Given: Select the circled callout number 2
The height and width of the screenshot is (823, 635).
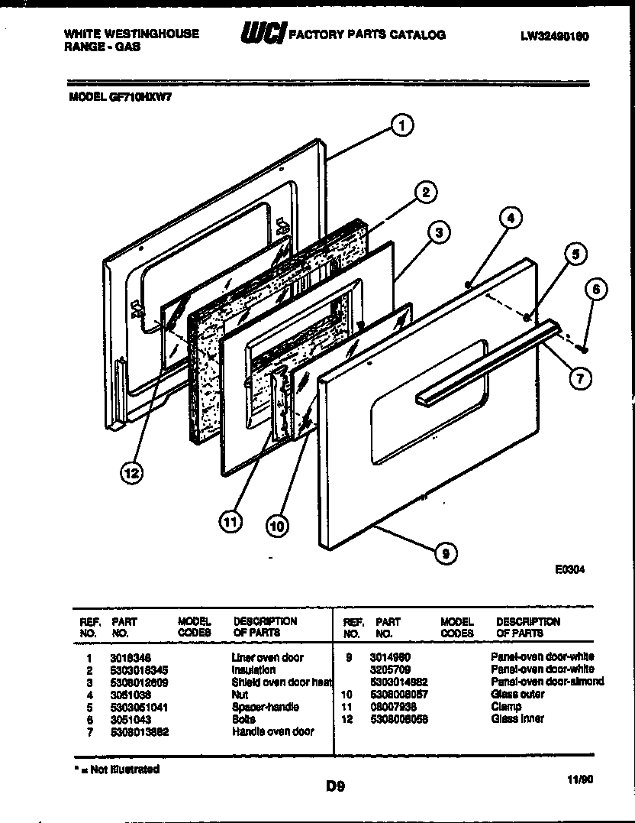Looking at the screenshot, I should click(x=426, y=192).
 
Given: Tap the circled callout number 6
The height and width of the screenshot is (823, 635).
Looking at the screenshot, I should click(x=597, y=289).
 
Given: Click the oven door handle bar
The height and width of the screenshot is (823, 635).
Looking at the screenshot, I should click(x=488, y=363).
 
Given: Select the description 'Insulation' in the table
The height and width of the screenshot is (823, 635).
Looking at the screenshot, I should click(x=254, y=669).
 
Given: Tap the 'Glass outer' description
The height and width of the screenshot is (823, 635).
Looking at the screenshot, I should click(x=517, y=695).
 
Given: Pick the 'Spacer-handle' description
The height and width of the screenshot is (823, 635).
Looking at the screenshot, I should click(x=266, y=707).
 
